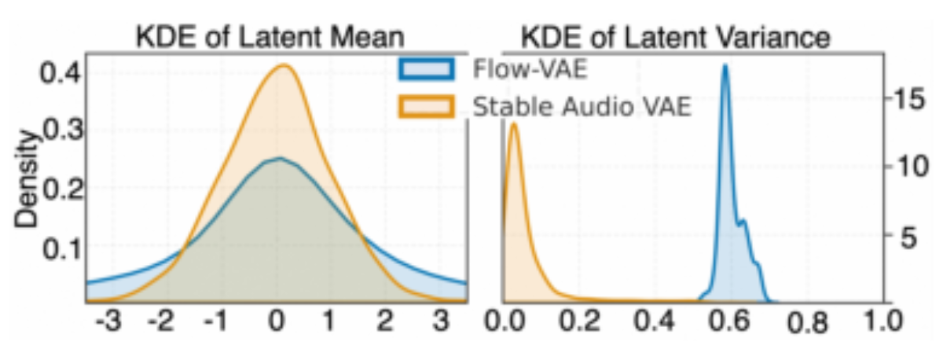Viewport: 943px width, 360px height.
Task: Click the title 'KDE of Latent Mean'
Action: click(x=270, y=37)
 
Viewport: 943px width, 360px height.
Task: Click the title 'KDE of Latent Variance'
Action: click(x=676, y=38)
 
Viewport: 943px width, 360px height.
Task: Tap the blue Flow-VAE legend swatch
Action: click(x=427, y=69)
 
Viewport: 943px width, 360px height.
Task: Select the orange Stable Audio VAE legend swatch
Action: click(x=427, y=107)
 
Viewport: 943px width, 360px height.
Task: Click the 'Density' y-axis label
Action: click(x=26, y=179)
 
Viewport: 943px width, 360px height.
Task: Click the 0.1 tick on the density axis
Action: click(x=62, y=248)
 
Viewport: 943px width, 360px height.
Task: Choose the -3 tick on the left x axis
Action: click(x=108, y=321)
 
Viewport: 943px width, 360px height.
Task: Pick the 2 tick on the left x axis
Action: click(x=385, y=321)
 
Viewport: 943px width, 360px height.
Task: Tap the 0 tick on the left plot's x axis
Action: click(x=277, y=321)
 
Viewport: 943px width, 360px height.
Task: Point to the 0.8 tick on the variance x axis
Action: click(x=807, y=323)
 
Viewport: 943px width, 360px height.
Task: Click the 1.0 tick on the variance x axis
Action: click(x=882, y=321)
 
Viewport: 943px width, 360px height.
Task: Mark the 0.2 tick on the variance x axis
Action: click(x=580, y=321)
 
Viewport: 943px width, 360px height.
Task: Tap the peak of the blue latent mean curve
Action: click(x=280, y=158)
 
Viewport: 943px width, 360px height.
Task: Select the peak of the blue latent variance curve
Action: click(x=725, y=64)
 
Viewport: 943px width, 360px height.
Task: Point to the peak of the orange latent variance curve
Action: click(x=514, y=123)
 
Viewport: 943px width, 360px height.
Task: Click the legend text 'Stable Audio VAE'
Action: click(x=582, y=107)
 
